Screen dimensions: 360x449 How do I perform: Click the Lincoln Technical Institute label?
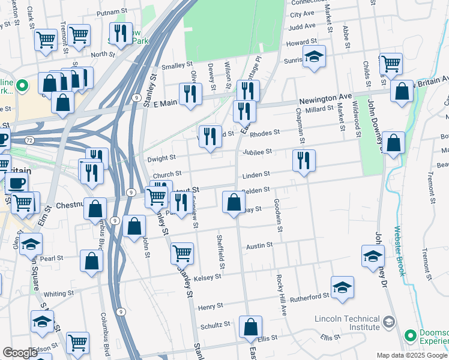pyautogui.click(x=348, y=322)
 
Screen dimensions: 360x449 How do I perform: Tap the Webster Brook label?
pyautogui.click(x=399, y=250)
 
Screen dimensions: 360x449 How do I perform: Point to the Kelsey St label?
pyautogui.click(x=209, y=277)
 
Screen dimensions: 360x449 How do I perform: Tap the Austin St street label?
pyautogui.click(x=260, y=245)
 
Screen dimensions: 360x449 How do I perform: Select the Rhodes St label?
pyautogui.click(x=265, y=133)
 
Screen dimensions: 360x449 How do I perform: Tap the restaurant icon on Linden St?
pyautogui.click(x=304, y=161)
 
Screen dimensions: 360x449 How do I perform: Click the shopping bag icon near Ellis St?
pyautogui.click(x=250, y=327)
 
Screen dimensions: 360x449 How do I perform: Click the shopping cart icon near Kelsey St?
pyautogui.click(x=182, y=253)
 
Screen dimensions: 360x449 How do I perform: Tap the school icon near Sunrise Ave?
pyautogui.click(x=314, y=56)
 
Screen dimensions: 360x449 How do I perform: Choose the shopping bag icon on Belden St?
pyautogui.click(x=234, y=202)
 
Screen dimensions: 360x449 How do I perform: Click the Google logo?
pyautogui.click(x=20, y=353)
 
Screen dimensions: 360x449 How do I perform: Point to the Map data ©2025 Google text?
pyautogui.click(x=412, y=355)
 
